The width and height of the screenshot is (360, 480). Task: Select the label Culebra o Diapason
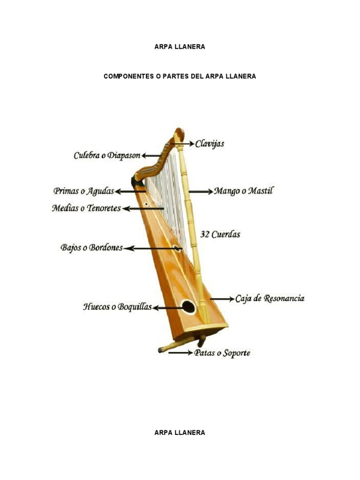click(x=107, y=155)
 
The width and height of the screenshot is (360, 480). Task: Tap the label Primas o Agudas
click(x=84, y=191)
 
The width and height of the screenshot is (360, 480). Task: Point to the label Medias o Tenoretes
click(x=86, y=208)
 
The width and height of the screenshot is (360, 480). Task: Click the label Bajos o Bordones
click(x=91, y=247)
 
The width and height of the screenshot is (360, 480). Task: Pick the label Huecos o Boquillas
click(x=118, y=307)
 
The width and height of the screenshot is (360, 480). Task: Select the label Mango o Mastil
click(x=243, y=191)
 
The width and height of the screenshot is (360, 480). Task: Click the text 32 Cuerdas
click(x=220, y=234)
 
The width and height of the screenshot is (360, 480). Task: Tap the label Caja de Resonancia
click(x=270, y=298)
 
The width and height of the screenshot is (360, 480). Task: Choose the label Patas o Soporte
click(x=222, y=352)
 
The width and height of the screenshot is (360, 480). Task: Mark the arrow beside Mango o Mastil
click(x=201, y=191)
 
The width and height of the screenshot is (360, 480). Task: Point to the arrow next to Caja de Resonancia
click(x=222, y=299)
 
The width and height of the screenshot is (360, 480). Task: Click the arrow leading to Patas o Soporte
click(x=180, y=352)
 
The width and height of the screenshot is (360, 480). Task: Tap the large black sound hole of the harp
click(x=188, y=307)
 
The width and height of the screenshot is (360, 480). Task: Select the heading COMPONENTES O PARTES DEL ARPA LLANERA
click(x=180, y=76)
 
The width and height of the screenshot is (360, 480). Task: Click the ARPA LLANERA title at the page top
click(x=180, y=47)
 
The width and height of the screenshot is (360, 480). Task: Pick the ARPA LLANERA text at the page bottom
click(x=180, y=433)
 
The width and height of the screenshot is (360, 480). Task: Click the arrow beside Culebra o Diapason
click(x=151, y=155)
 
